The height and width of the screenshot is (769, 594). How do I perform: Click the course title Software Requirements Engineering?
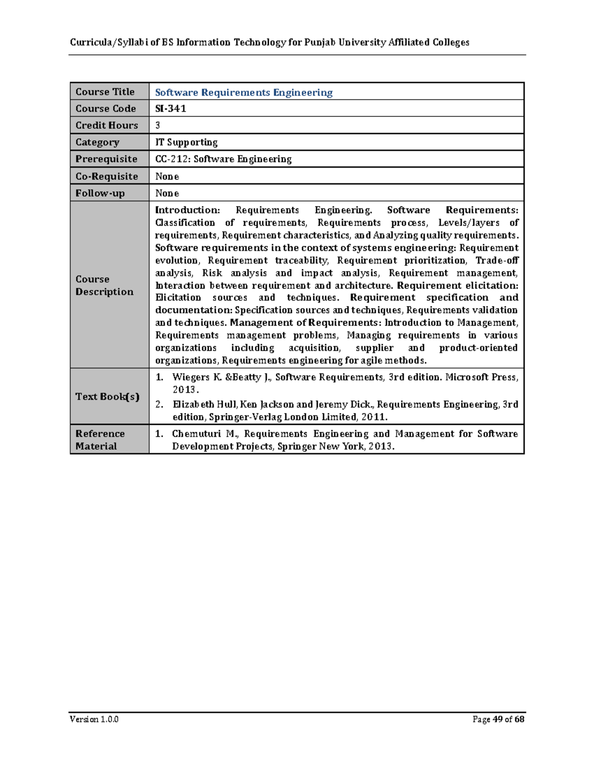click(244, 93)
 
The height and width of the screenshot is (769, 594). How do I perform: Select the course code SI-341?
click(170, 108)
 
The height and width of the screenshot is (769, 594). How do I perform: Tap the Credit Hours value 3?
click(158, 125)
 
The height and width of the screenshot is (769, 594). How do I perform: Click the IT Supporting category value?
click(186, 142)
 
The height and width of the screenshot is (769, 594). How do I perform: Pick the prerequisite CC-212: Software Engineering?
click(223, 159)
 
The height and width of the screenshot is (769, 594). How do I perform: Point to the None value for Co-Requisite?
click(167, 176)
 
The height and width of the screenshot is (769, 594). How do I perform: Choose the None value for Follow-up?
click(167, 193)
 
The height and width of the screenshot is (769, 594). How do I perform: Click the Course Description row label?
click(104, 285)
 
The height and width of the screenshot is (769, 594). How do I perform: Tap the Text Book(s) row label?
click(107, 397)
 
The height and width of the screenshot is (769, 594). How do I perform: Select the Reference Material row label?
click(100, 440)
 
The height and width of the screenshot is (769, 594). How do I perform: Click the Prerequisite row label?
click(106, 159)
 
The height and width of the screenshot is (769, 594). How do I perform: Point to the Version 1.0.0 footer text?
click(94, 719)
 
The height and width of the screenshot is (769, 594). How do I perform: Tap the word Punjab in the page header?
click(320, 42)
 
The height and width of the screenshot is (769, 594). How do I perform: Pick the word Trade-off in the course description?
click(496, 260)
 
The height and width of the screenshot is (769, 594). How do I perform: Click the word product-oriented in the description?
click(478, 348)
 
